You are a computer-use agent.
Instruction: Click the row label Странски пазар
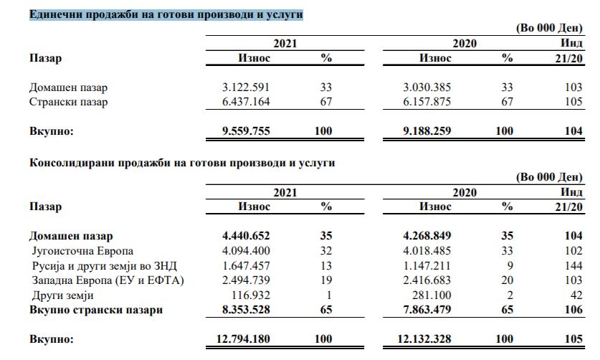click(x=69, y=102)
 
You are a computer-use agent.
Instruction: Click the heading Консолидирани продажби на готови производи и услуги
click(x=183, y=163)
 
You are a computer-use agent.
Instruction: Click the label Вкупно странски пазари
click(x=95, y=309)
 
